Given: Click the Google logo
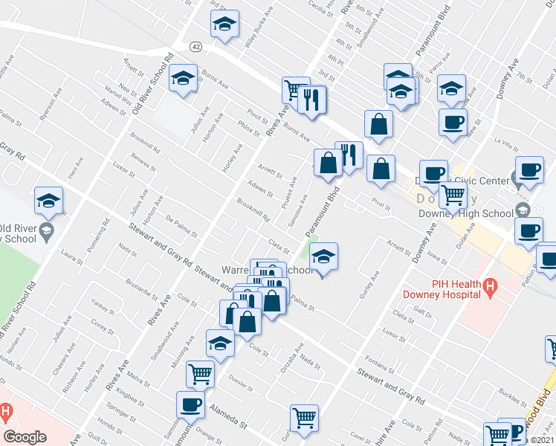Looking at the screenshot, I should pos(25,437).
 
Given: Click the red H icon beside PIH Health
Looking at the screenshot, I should pos(489,286).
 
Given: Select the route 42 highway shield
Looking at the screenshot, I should pos(195,46).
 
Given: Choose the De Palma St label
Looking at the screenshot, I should pos(181,226).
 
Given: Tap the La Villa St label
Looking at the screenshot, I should pos(507,140).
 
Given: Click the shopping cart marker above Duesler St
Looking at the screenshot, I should pos(200,373).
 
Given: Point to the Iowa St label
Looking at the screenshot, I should pos(436,259).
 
